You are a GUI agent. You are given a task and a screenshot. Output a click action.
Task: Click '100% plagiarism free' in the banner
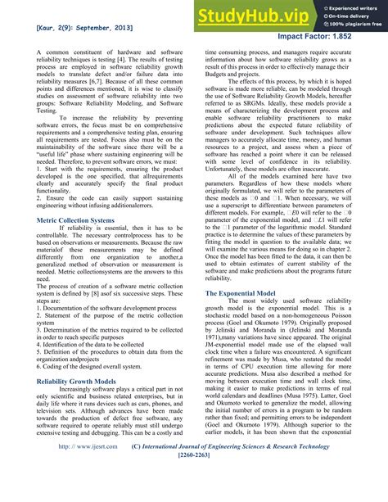[347, 25]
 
